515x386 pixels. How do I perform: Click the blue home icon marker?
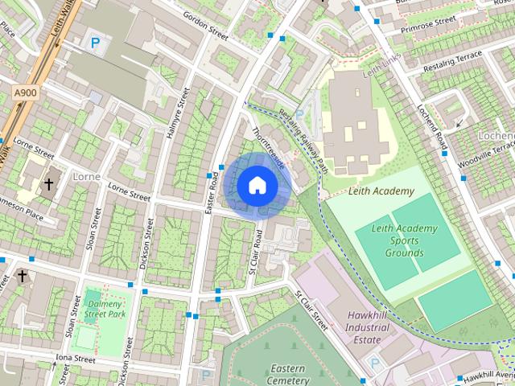pos(257,185)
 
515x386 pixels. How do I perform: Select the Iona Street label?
pos(76,359)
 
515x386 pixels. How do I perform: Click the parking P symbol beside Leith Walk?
pos(96,43)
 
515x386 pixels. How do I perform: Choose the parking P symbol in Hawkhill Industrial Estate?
pos(373,363)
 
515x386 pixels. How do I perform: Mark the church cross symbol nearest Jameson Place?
pos(48,185)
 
